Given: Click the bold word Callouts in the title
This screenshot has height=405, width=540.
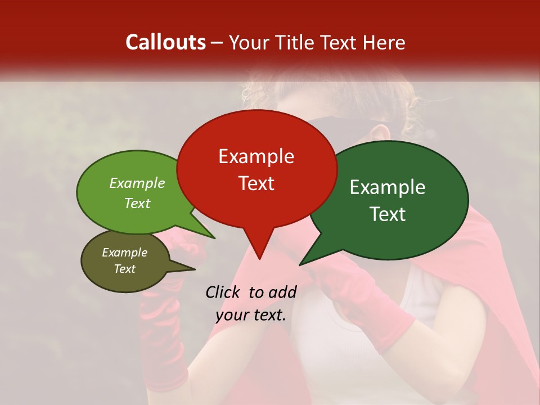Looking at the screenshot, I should tap(165, 42).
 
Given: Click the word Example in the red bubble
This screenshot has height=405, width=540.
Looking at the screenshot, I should tap(256, 156).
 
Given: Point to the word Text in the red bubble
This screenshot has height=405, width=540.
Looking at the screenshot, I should tap(256, 183).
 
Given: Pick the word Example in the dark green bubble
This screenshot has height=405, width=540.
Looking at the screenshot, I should tap(388, 187).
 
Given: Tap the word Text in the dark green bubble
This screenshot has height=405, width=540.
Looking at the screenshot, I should tap(388, 214).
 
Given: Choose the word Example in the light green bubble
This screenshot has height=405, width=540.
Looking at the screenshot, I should tap(137, 183).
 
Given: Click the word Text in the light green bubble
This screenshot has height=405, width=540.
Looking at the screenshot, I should tap(137, 203).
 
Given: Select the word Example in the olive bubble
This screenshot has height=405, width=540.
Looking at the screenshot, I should tap(124, 253).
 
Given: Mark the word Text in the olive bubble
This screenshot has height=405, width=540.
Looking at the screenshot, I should tap(124, 269).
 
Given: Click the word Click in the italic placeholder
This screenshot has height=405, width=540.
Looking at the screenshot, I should tap(223, 292).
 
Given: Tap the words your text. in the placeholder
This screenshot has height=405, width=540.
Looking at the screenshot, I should tap(251, 315).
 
